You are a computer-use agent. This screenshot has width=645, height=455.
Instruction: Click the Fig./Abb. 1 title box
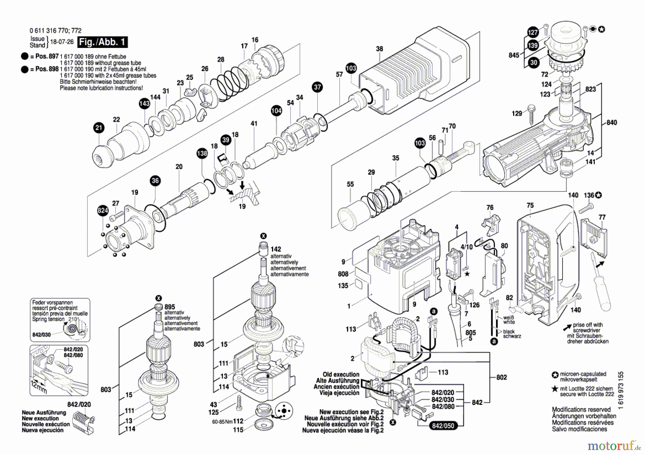coord(102,42)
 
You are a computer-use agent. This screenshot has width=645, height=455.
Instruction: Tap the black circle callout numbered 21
coord(99,128)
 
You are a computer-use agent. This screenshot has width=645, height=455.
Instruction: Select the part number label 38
coord(379,49)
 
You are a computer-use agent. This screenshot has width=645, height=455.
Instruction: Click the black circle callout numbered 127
coord(533,33)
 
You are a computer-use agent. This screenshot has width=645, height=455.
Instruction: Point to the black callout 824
coord(103,210)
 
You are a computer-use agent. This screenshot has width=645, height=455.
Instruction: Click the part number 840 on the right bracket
coord(612,122)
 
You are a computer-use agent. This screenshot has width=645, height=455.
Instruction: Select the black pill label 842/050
coord(443,426)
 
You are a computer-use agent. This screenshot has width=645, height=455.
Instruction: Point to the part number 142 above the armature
coord(276,249)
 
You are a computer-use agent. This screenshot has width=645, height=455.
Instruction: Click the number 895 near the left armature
coord(170,307)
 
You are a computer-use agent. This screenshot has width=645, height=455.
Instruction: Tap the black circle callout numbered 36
coord(155,181)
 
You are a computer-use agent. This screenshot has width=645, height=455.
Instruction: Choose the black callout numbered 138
coord(202,154)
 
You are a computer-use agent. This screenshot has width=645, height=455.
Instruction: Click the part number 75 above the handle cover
coord(530,205)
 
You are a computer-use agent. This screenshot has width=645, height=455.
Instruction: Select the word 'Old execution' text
coord(341,374)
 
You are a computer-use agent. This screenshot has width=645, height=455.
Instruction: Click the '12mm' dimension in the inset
coord(38,387)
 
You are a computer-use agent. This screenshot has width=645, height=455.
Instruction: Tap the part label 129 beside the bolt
coord(517,113)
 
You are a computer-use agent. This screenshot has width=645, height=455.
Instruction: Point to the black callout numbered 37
coord(317,87)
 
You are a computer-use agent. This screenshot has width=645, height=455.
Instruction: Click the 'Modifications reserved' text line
coord(581,410)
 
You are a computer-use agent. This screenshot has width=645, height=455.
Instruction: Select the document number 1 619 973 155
coord(621,390)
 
